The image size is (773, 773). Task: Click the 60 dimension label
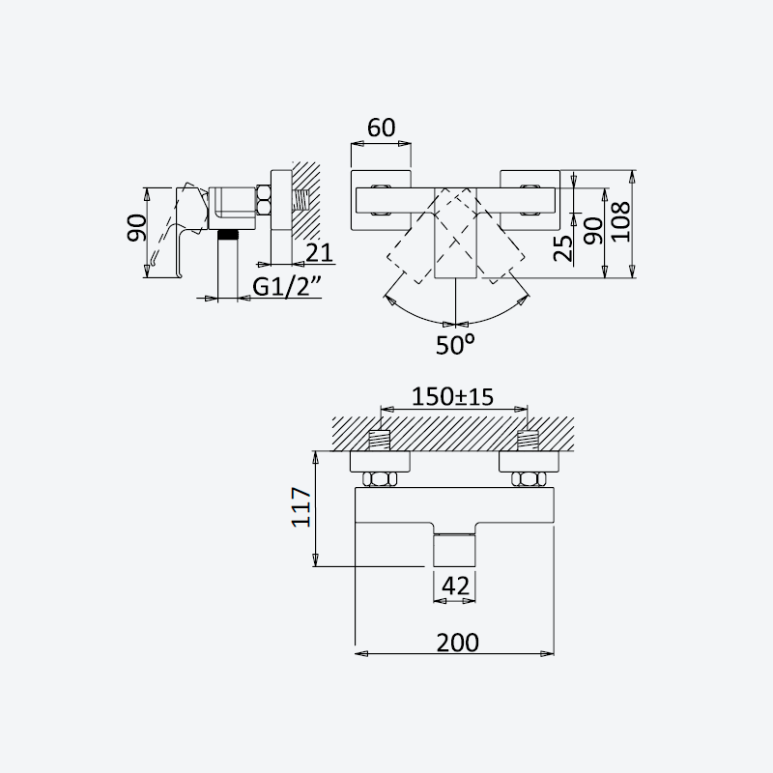(x=381, y=128)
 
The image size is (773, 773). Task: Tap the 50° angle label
(x=455, y=345)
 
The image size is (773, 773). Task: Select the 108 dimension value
(x=621, y=221)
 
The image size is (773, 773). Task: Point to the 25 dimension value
(x=563, y=248)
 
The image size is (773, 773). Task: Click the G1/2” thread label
(x=286, y=286)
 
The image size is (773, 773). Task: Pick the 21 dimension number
(x=320, y=253)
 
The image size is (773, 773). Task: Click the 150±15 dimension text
(x=452, y=396)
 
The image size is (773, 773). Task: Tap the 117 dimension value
(x=301, y=507)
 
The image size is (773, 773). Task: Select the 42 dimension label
(x=455, y=587)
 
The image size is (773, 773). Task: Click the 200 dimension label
(x=457, y=643)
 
